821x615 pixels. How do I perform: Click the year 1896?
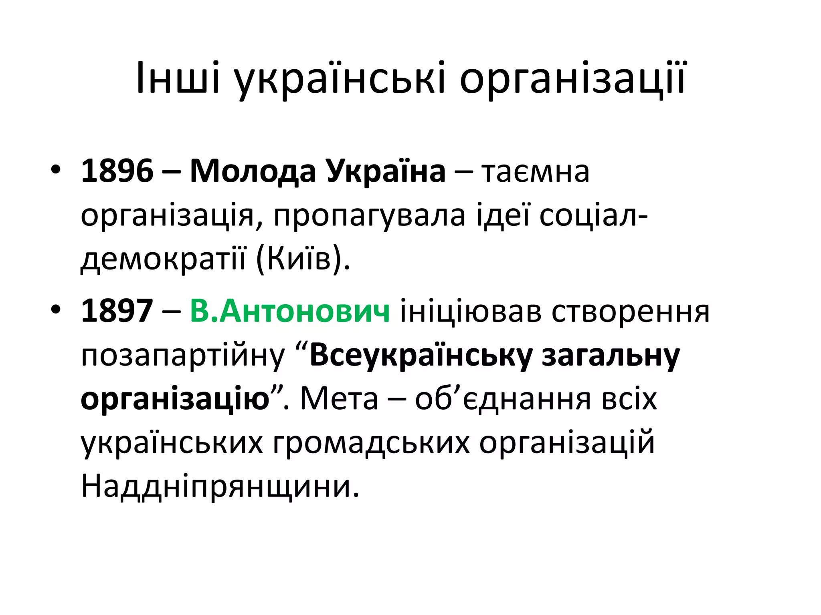[117, 171]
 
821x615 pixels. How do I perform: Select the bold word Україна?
[385, 171]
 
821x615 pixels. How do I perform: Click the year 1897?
[117, 311]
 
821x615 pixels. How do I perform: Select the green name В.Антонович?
[289, 311]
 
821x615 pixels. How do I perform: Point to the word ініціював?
[471, 311]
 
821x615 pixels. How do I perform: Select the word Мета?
[339, 399]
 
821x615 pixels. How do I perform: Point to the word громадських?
[371, 444]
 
